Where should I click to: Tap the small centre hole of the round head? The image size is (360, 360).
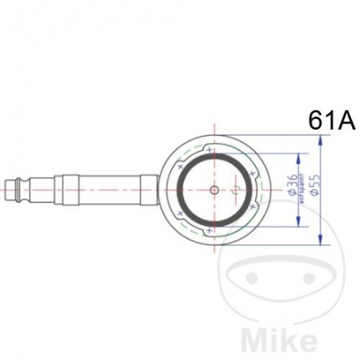(213, 190)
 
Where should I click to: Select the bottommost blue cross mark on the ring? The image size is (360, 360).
(209, 230)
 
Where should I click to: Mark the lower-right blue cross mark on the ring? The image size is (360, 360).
(252, 208)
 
